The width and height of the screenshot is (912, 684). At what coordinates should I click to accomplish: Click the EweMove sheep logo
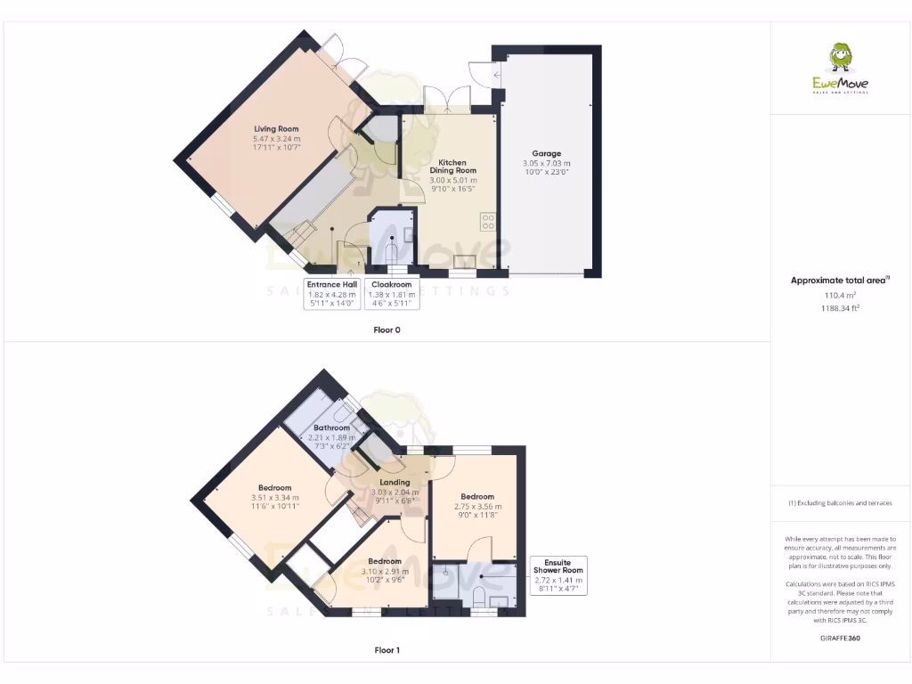839,59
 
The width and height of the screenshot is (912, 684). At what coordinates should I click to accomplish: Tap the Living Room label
277,129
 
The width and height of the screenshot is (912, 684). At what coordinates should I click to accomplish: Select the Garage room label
547,153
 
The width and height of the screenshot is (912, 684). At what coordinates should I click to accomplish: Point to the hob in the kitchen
488,221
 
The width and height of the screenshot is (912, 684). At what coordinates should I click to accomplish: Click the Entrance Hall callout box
331,294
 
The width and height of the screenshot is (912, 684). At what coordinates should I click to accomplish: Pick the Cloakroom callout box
392,294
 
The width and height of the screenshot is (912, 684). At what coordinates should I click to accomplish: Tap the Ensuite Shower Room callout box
558,576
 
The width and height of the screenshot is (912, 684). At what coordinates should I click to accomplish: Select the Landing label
395,483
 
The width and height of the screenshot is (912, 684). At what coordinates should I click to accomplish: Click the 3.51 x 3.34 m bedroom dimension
275,497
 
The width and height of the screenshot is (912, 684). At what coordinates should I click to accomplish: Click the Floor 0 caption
387,330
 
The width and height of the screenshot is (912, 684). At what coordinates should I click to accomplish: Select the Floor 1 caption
387,650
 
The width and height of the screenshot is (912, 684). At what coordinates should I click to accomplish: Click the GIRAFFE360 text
841,638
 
